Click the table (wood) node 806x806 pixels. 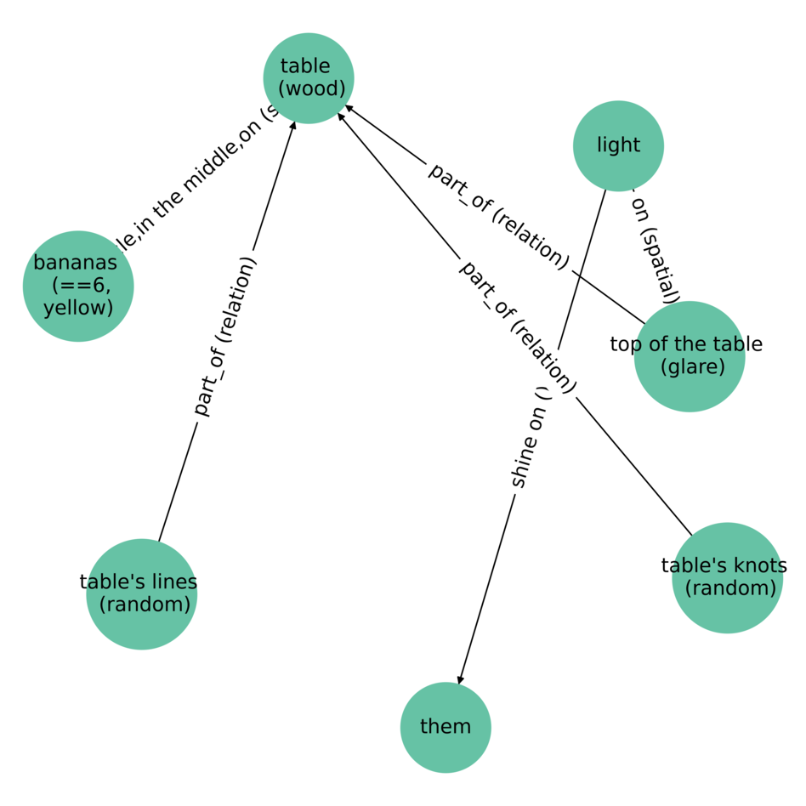tap(309, 78)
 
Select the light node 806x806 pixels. tap(618, 145)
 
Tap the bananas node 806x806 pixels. tap(78, 286)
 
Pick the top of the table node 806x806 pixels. tap(689, 356)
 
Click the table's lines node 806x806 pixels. tap(142, 593)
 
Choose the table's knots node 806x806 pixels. tap(727, 577)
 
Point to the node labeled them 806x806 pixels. tap(446, 727)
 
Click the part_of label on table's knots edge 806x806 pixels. tap(518, 327)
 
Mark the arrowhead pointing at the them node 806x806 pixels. tap(460, 678)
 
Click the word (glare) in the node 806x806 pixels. tap(692, 366)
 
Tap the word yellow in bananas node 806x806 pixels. tap(78, 307)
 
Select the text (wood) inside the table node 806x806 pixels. tap(313, 88)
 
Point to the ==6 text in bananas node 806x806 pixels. tap(82, 286)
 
